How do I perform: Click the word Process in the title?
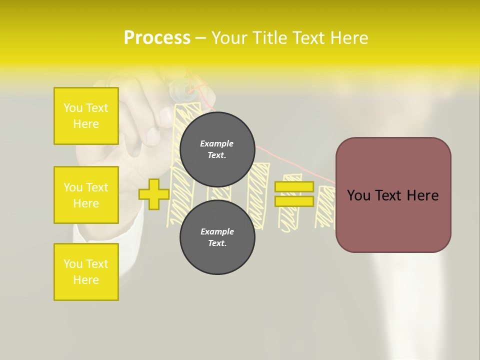(157, 38)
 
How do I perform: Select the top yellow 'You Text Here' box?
(86, 116)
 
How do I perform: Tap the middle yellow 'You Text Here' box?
(86, 195)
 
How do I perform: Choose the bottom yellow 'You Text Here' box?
(86, 272)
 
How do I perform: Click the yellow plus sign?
(154, 194)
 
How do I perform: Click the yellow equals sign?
(294, 194)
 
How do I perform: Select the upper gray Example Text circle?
(217, 149)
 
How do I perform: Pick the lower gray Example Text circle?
(217, 237)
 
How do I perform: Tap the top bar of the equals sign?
(294, 186)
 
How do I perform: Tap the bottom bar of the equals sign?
(294, 201)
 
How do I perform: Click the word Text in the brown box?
(394, 195)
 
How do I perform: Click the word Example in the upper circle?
(217, 143)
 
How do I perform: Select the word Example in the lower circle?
(217, 231)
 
